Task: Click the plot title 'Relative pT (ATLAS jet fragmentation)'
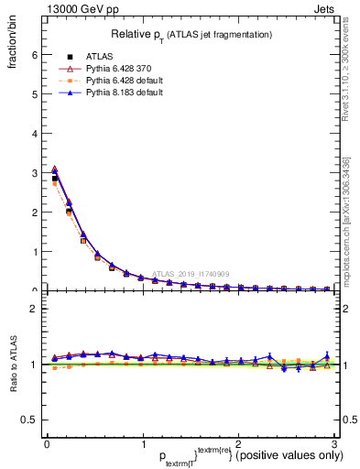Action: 191,34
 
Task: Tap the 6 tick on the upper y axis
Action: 36,54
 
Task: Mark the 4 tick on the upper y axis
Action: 36,133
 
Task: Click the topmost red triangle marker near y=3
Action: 54,169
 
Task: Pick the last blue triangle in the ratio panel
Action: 327,355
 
